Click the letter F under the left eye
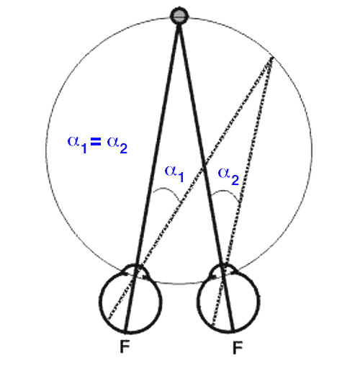125,347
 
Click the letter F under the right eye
238,348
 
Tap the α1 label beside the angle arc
174,174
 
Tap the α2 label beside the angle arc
228,176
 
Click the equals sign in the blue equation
96,143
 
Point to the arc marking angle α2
225,191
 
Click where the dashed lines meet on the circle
272,58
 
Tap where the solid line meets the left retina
126,333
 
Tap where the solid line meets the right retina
233,332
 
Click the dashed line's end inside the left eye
109,319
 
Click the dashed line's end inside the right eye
212,326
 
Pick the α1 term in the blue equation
77,144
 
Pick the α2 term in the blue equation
117,145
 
